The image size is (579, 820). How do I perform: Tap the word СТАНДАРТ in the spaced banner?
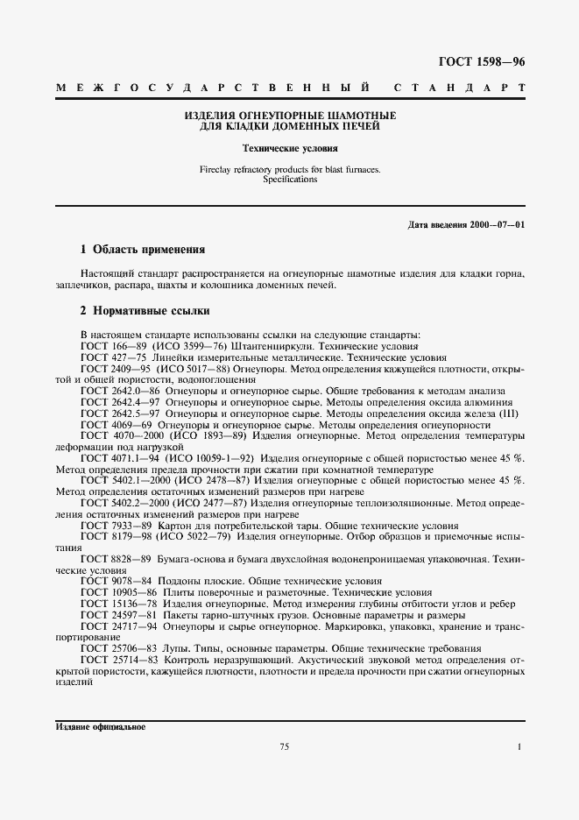[461, 88]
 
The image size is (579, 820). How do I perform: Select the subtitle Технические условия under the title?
[289, 149]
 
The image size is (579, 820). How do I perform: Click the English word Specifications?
[289, 179]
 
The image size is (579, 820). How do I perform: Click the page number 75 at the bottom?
[285, 746]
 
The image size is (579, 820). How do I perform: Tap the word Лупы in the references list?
[172, 648]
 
